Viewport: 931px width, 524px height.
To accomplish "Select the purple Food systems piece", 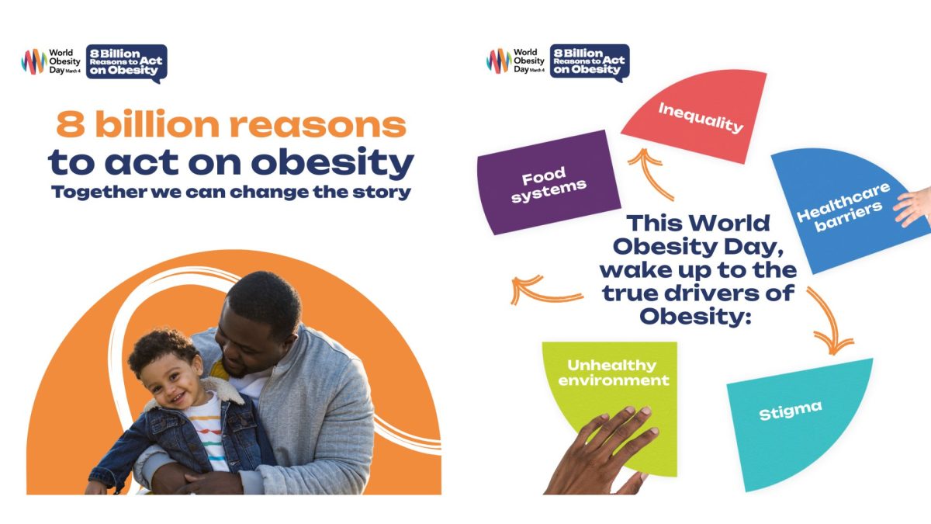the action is pos(549,183).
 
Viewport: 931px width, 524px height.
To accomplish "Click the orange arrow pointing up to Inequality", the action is pos(649,175).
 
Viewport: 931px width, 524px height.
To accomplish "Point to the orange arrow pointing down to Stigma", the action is pos(829,320).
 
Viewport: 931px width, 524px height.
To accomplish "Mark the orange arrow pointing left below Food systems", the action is pos(545,291).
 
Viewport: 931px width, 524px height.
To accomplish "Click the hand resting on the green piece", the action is pos(603,453).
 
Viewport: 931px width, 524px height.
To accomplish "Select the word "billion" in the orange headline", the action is pos(157,124).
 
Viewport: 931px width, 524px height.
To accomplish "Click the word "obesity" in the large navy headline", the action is pos(333,163).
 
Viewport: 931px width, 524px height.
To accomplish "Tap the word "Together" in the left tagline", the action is pos(99,193).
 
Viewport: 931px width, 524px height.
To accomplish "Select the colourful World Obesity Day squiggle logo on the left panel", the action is pos(34,61).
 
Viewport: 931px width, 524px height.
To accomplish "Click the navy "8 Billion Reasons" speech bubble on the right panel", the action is pos(590,62).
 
